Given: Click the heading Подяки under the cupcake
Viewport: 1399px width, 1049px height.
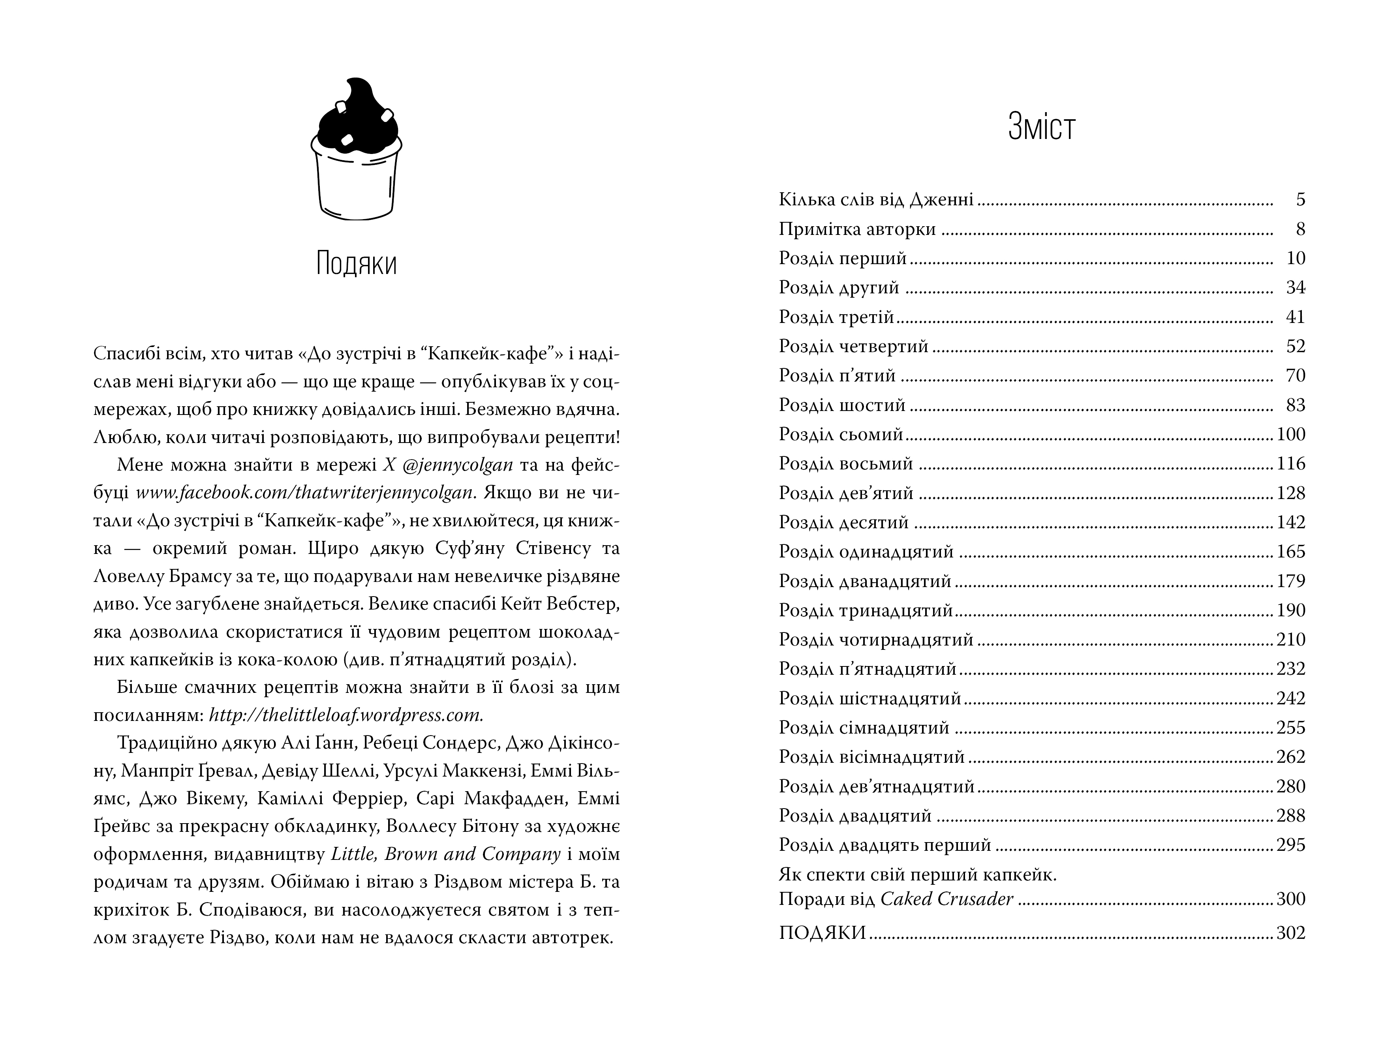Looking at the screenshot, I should click(356, 264).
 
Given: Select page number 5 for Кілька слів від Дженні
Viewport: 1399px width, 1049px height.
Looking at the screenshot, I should click(1300, 200).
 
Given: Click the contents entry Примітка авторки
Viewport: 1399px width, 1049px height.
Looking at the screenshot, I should click(857, 229).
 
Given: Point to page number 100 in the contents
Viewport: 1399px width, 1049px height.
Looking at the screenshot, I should click(1291, 434).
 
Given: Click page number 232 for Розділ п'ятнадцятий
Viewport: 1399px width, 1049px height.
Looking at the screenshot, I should click(1291, 669).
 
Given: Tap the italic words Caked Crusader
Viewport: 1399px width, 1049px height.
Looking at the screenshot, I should click(947, 899).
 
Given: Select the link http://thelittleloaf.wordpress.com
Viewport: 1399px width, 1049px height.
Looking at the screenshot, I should click(346, 715).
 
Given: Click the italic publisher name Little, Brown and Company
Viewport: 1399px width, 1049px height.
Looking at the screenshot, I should click(446, 854).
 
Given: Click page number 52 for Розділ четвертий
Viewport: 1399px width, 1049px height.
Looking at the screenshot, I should click(1295, 347).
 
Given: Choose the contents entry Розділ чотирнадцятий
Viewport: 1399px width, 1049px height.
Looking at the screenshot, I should click(876, 640).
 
